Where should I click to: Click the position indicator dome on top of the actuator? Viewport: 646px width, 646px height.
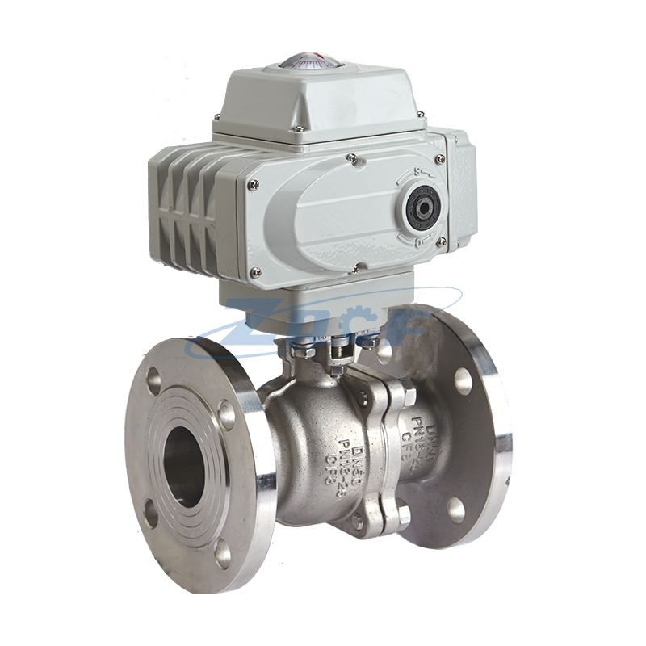pyautogui.click(x=310, y=61)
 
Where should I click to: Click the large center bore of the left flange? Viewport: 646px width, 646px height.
pyautogui.click(x=184, y=467)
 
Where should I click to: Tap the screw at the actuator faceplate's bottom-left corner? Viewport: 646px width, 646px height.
pyautogui.click(x=255, y=272)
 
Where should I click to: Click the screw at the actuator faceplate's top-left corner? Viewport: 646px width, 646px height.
pyautogui.click(x=254, y=185)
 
